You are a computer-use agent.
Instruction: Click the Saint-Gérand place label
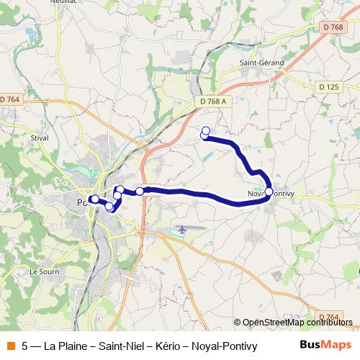[x=261, y=63]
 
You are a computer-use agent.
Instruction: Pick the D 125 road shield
[x=328, y=86]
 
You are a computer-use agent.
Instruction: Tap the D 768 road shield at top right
[x=333, y=27]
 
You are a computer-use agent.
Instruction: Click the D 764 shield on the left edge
[x=10, y=99]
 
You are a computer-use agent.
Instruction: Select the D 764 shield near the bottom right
[x=328, y=316]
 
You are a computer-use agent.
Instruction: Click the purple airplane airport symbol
[x=180, y=230]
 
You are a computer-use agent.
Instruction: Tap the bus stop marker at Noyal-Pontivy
[x=269, y=192]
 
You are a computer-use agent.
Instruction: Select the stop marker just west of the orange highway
[x=139, y=192]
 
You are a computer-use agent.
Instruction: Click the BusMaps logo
[x=325, y=345]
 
